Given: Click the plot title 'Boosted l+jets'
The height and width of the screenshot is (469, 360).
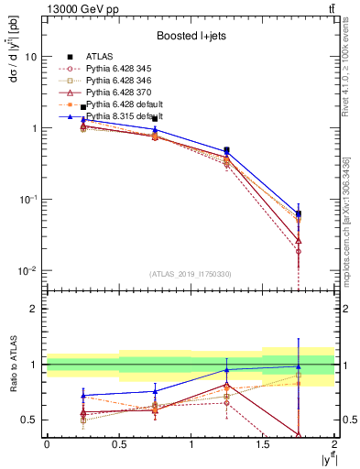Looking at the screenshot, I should click(189, 36).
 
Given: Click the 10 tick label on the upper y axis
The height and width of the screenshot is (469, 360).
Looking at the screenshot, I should click(30, 57).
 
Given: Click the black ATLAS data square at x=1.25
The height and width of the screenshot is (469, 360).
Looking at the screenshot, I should click(226, 150).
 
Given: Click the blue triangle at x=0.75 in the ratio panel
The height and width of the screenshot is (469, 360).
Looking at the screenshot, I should click(155, 391).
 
